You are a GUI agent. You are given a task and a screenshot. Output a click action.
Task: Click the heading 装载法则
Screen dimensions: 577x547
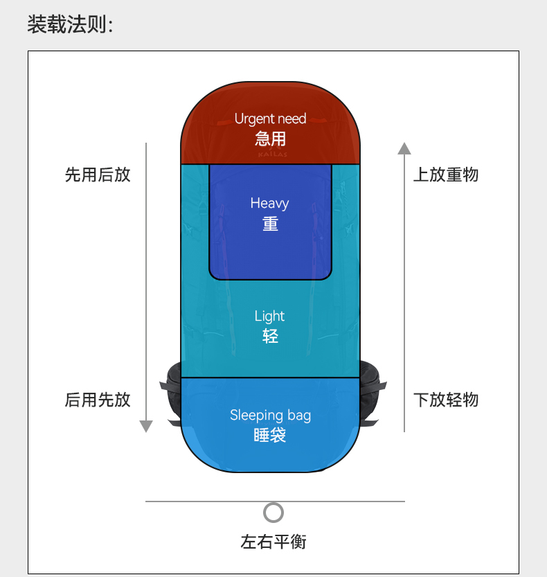point(69,26)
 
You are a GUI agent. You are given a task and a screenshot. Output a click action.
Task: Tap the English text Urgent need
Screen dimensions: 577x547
point(270,119)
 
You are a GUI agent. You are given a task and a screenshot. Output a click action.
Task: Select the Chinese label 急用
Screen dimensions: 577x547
point(270,139)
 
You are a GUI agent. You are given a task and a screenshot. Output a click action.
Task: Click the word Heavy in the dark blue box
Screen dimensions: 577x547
point(269,204)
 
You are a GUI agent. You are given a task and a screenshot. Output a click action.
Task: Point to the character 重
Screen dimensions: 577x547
point(270,224)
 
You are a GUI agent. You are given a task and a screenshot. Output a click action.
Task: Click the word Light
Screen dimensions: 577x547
point(269,317)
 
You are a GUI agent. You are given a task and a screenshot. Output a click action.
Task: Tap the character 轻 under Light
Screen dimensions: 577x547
point(270,337)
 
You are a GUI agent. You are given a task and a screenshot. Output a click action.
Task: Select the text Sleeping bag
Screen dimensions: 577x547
point(270,416)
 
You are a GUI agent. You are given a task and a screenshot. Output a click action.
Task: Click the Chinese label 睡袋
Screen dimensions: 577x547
point(270,436)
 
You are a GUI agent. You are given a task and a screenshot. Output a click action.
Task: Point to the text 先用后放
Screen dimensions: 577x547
point(98,175)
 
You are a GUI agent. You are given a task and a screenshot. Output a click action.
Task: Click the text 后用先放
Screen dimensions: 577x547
point(98,400)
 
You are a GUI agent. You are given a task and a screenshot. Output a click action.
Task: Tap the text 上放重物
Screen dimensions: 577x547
point(446,175)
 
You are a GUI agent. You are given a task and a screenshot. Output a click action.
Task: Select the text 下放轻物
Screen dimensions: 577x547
point(446,400)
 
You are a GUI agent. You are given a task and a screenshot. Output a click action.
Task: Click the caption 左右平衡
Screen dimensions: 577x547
point(273,542)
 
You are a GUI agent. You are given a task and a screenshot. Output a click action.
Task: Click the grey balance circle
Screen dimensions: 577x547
point(273,513)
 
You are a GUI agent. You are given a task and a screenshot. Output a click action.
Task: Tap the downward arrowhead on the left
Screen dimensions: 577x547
point(145,426)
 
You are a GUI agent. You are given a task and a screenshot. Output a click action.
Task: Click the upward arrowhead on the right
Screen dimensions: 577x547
point(404,148)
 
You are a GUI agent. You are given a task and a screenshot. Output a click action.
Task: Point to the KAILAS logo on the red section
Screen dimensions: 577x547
point(271,154)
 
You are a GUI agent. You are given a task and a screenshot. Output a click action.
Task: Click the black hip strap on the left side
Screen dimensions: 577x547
point(172,395)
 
